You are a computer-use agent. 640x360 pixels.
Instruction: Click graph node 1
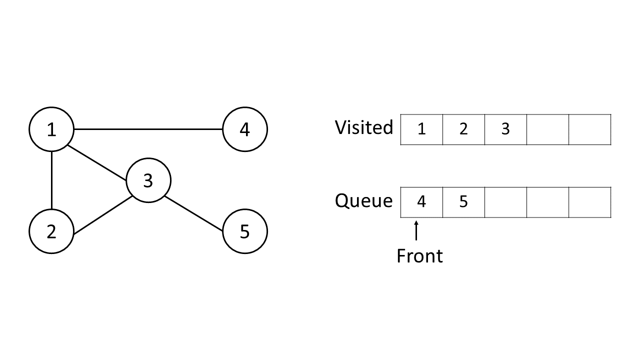51,129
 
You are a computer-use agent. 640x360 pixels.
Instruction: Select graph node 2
51,231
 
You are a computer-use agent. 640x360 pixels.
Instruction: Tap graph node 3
148,180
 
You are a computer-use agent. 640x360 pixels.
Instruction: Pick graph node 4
244,129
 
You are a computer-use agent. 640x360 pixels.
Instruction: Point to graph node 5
244,231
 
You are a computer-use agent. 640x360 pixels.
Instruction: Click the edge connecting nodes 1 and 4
148,129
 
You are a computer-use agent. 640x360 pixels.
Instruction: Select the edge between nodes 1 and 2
51,180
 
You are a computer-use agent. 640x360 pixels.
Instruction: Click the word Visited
364,127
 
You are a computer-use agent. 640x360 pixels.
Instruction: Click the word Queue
364,200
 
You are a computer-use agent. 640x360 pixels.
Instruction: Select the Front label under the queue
419,256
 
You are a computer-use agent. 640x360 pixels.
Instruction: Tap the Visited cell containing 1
421,129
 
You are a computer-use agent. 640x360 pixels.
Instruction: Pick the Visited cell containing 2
463,129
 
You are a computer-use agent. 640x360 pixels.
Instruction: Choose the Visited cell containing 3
505,129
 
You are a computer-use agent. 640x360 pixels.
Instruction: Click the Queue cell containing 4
421,202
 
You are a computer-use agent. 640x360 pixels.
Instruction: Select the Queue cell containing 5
463,202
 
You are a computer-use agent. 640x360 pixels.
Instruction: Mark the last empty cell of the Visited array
589,129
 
